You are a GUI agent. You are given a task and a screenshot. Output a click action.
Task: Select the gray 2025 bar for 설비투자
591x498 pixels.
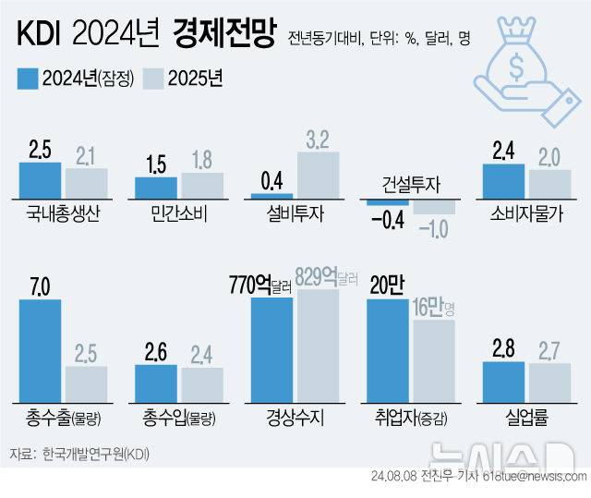coord(318,176)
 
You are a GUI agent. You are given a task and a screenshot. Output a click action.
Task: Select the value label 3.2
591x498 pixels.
coord(318,141)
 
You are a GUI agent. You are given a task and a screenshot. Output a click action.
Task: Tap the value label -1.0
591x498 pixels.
coord(432,227)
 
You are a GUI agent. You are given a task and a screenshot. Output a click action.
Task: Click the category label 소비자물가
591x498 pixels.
coord(526,214)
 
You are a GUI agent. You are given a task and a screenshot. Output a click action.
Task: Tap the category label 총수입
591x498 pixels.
coord(172,417)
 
